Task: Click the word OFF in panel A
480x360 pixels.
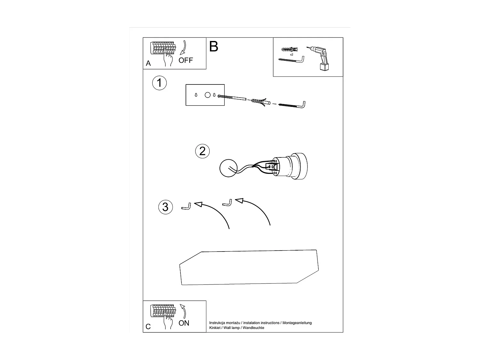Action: click(186, 60)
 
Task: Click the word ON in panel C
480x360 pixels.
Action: click(184, 323)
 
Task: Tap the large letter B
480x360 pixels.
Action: click(214, 47)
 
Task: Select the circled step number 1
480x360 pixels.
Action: click(159, 83)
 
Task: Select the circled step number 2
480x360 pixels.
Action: click(202, 151)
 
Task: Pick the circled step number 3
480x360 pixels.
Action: click(165, 207)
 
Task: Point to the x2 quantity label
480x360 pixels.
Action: click(292, 55)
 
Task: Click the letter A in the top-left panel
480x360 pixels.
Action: click(148, 63)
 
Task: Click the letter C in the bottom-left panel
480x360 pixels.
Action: click(148, 326)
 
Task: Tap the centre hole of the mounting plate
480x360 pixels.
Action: click(207, 95)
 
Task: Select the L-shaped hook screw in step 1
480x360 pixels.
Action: click(293, 104)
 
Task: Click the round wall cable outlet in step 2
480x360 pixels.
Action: click(228, 167)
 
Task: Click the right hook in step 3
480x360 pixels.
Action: click(227, 203)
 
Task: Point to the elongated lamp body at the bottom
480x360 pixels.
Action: click(249, 268)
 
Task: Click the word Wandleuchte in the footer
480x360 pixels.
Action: click(253, 328)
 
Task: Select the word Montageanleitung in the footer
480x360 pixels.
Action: click(297, 323)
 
